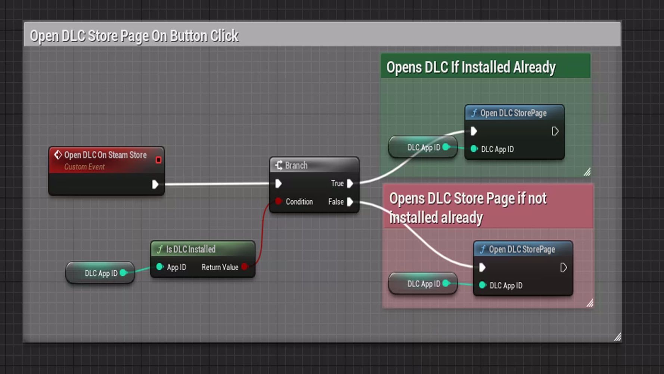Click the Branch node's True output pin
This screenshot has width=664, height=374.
pos(350,183)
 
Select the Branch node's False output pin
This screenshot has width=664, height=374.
pos(350,202)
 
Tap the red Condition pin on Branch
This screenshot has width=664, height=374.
pos(278,201)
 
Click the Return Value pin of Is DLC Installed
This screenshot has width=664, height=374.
pos(245,267)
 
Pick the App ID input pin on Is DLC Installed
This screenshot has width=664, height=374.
pos(160,267)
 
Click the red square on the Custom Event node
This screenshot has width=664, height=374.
pos(158,160)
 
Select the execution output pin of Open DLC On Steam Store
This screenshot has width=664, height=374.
pos(155,184)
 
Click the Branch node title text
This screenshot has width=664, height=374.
pos(296,165)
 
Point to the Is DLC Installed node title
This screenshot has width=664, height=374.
pos(190,249)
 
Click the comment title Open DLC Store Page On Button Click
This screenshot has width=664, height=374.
pos(134,36)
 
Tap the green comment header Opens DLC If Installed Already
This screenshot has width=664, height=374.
pos(471,67)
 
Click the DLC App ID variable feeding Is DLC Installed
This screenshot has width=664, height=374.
pos(100,273)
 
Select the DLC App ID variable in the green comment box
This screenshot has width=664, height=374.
pos(423,147)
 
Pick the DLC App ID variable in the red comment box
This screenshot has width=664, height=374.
pos(423,283)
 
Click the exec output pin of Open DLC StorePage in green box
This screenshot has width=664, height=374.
pos(555,131)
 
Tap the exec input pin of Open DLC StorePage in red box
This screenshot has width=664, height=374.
pos(482,267)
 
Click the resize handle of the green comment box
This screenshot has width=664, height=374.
pos(587,172)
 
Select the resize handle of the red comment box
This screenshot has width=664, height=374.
pos(590,303)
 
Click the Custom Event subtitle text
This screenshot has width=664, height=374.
pos(84,167)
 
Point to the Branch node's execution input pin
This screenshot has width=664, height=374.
pos(278,183)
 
